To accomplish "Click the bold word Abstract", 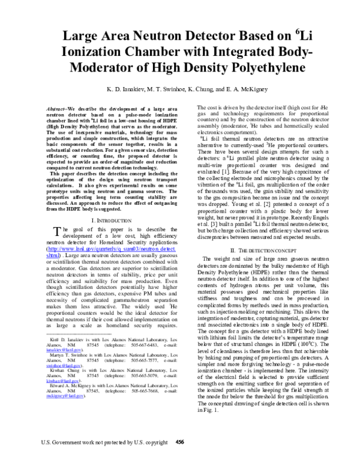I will click(58, 108).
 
